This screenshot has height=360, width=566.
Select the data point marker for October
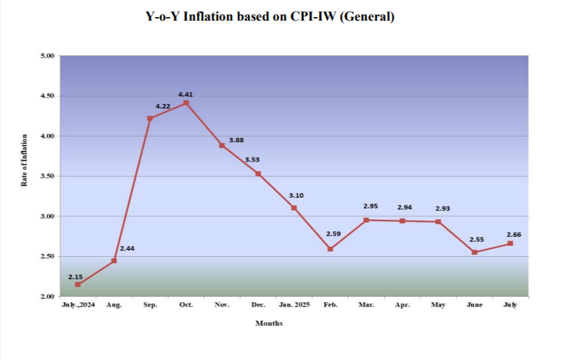pyautogui.click(x=186, y=102)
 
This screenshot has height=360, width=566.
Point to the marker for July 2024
pyautogui.click(x=78, y=285)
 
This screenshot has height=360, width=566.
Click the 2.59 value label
pyautogui.click(x=333, y=233)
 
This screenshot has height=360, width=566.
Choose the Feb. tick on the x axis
pyautogui.click(x=331, y=305)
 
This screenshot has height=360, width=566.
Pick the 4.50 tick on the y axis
pyautogui.click(x=48, y=96)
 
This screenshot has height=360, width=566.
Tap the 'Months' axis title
pyautogui.click(x=269, y=323)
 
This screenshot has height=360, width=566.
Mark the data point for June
pyautogui.click(x=474, y=252)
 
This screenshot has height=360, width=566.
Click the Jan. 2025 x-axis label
pyautogui.click(x=294, y=305)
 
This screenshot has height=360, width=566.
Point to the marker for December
pyautogui.click(x=258, y=174)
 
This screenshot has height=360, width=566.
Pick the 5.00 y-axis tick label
pyautogui.click(x=48, y=55)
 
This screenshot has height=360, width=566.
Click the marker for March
pyautogui.click(x=366, y=220)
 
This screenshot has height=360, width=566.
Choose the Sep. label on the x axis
pyautogui.click(x=150, y=305)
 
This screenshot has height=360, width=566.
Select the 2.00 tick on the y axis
pyautogui.click(x=48, y=296)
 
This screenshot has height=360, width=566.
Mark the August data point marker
pyautogui.click(x=114, y=261)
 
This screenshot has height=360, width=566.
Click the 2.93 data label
pyautogui.click(x=442, y=208)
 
